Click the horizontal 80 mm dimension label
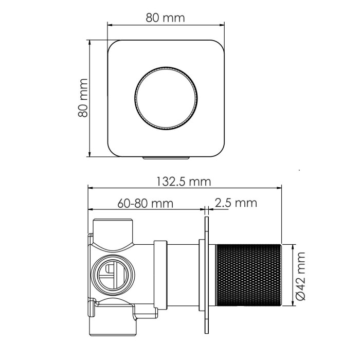165,18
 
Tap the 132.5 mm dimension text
184,181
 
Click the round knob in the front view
165,98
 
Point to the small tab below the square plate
165,158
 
